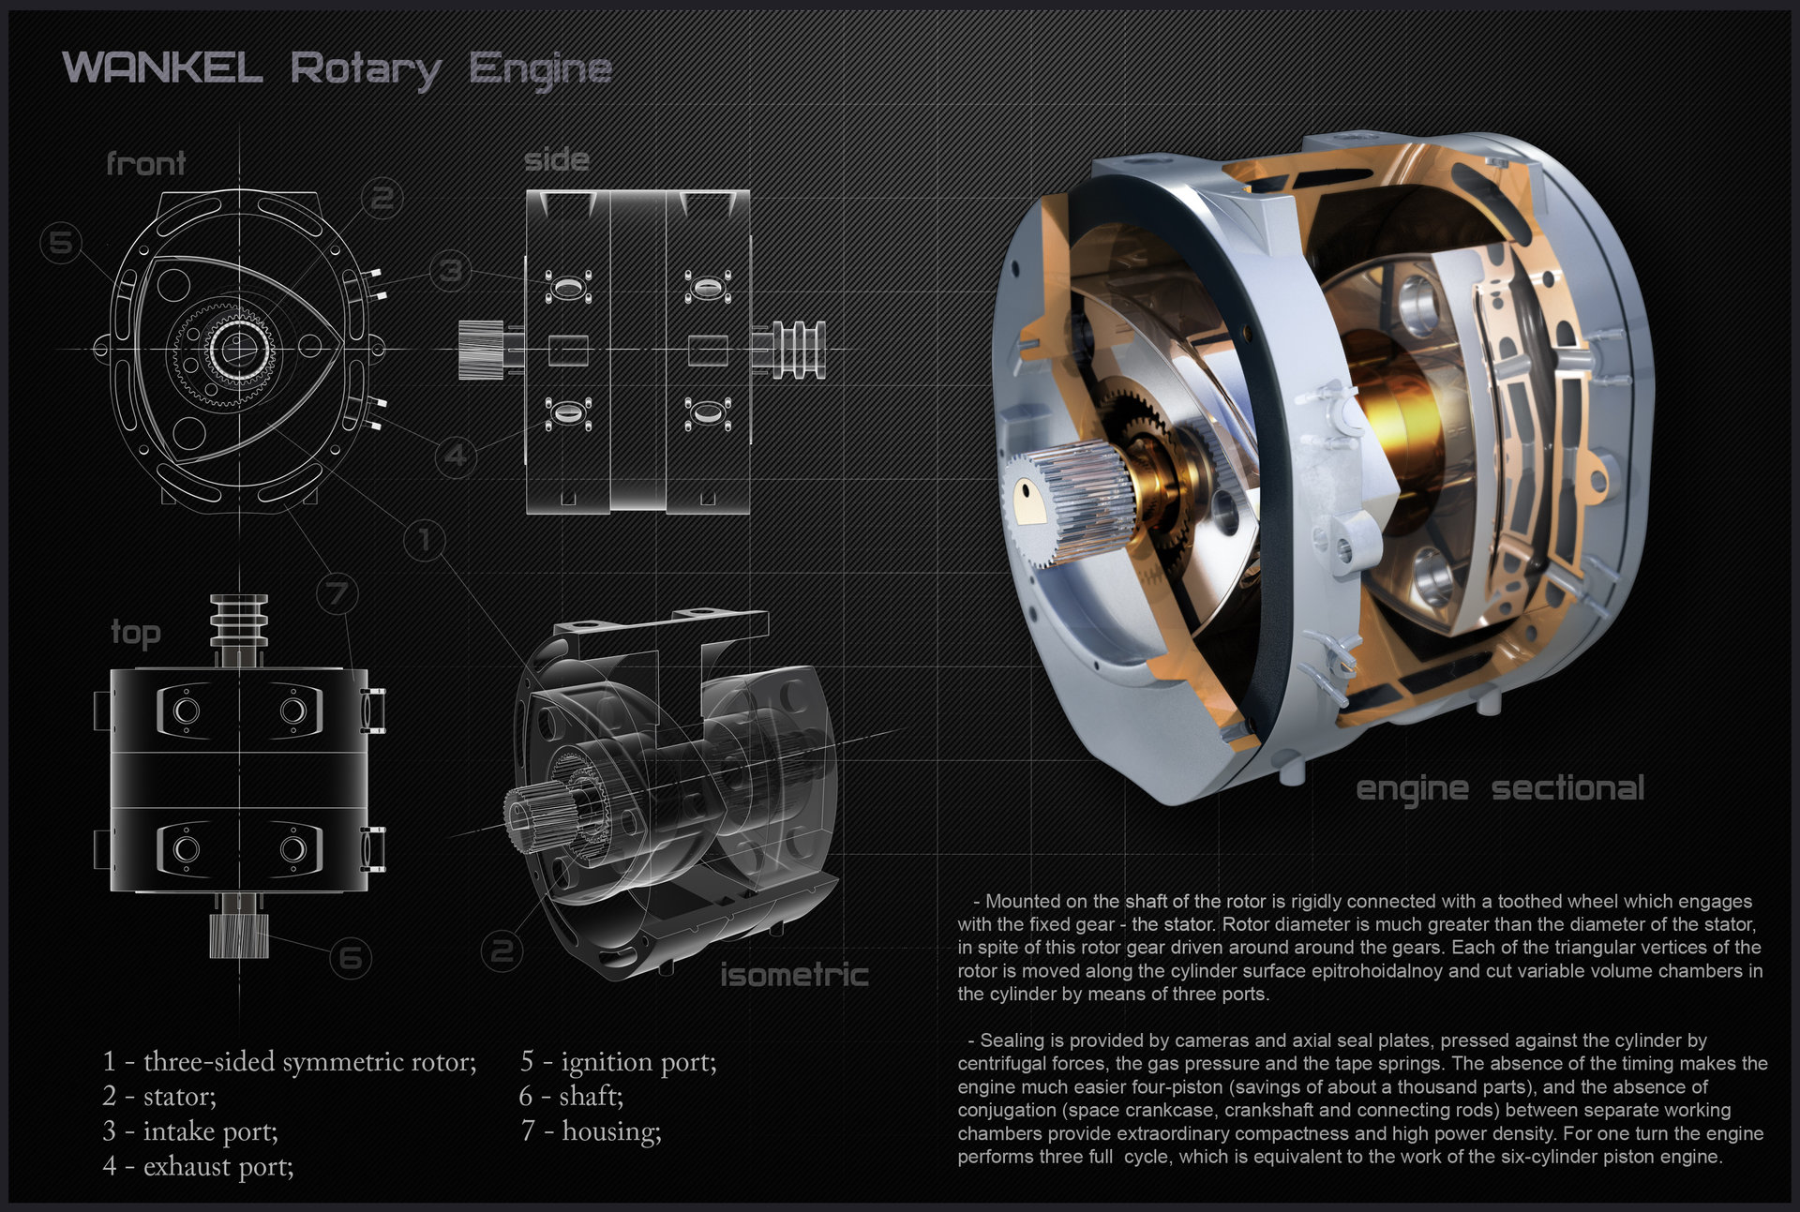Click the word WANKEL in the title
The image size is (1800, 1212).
(161, 68)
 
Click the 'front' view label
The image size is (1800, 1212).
(145, 164)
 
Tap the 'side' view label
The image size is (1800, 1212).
(556, 159)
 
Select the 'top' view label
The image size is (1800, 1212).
(136, 633)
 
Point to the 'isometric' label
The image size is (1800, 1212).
(793, 975)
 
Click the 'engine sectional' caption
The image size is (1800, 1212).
(1499, 788)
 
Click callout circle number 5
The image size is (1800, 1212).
(61, 243)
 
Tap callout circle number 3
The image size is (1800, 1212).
(451, 270)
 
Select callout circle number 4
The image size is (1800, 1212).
(456, 456)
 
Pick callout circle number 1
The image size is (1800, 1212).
(425, 539)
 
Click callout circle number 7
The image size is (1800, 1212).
(337, 592)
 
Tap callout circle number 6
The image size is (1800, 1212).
(351, 957)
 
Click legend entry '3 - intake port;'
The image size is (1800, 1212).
(190, 1131)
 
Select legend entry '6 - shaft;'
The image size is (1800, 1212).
(571, 1096)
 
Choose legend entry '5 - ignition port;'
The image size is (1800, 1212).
(618, 1061)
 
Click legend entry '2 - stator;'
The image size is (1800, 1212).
(159, 1096)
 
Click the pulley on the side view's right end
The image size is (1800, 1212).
(797, 350)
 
